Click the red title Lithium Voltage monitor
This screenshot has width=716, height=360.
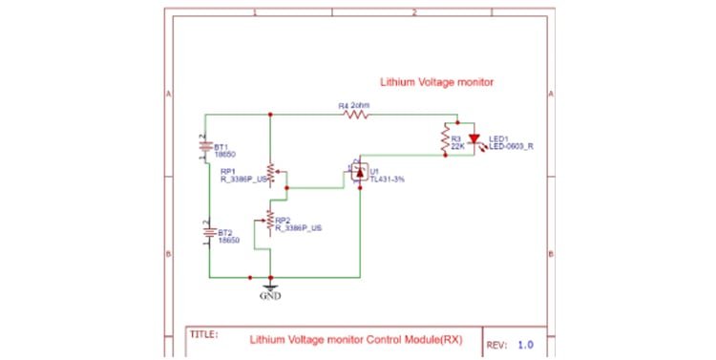pos(436,83)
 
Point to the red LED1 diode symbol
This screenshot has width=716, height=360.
pos(474,140)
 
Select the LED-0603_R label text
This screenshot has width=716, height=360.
pos(511,147)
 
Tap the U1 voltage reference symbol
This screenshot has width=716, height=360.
pos(358,173)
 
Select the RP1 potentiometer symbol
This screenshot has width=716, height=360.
pos(271,174)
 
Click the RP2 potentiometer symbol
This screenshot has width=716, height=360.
pos(271,222)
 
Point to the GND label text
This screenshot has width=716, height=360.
pos(271,296)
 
